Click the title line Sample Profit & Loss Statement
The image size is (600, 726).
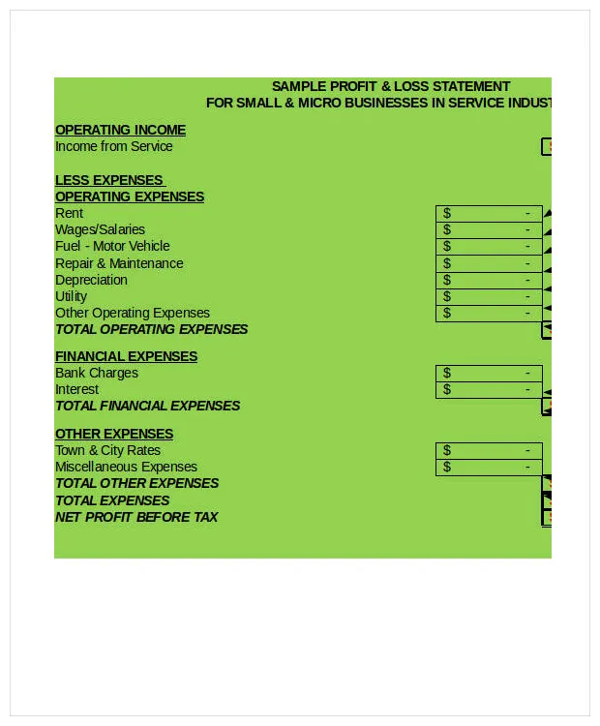[x=390, y=86]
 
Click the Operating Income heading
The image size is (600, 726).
[x=120, y=130]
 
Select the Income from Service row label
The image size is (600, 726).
[x=113, y=146]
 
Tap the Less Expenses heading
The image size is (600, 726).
[x=109, y=180]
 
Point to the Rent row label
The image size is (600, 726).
[x=69, y=213]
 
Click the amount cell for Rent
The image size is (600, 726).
[x=489, y=213]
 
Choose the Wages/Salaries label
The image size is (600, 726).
[x=100, y=229]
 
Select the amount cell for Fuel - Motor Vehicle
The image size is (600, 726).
[x=489, y=246]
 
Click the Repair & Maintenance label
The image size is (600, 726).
[x=119, y=263]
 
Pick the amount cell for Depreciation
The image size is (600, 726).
[x=489, y=280]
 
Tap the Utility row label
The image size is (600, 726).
[x=71, y=296]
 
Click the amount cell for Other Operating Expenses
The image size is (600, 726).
[x=489, y=313]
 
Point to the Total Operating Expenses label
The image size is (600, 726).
[x=151, y=329]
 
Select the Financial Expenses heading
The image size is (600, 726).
[x=126, y=356]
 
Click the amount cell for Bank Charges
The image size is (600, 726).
[x=489, y=373]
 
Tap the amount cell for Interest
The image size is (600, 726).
[x=489, y=389]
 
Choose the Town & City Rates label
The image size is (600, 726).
[x=107, y=450]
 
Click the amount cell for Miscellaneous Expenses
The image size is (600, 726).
[x=489, y=467]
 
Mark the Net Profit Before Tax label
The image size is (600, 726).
[x=136, y=517]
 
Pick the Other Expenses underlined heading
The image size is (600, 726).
[x=114, y=434]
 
